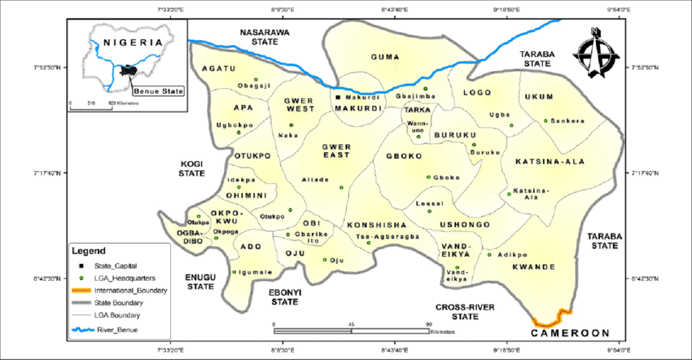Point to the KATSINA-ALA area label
pos(550,162)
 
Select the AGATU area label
pos(219,68)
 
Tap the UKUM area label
pos(539,96)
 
